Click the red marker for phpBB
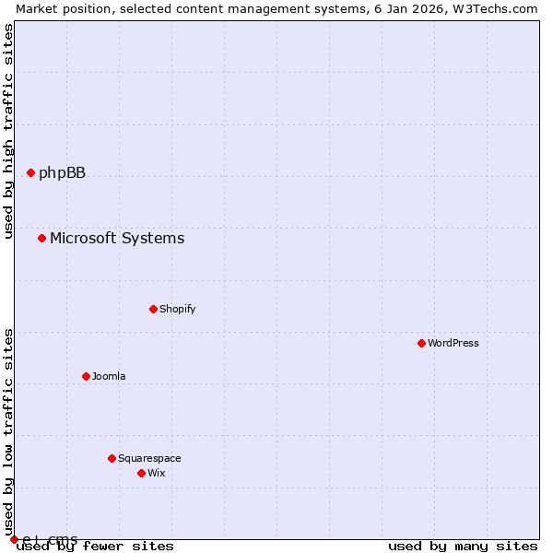[30, 172]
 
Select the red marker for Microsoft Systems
[41, 239]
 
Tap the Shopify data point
[153, 309]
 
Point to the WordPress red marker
[421, 343]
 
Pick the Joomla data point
[86, 376]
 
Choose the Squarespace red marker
[112, 458]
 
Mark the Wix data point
[141, 473]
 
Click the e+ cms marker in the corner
[14, 539]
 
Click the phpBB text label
[62, 172]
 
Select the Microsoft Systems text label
[117, 239]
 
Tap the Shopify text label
[177, 309]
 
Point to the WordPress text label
[453, 343]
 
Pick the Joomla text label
[109, 376]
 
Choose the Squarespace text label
[149, 458]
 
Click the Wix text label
[157, 473]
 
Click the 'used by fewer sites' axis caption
[95, 547]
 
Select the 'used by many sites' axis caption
[463, 547]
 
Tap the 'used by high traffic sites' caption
[9, 131]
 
